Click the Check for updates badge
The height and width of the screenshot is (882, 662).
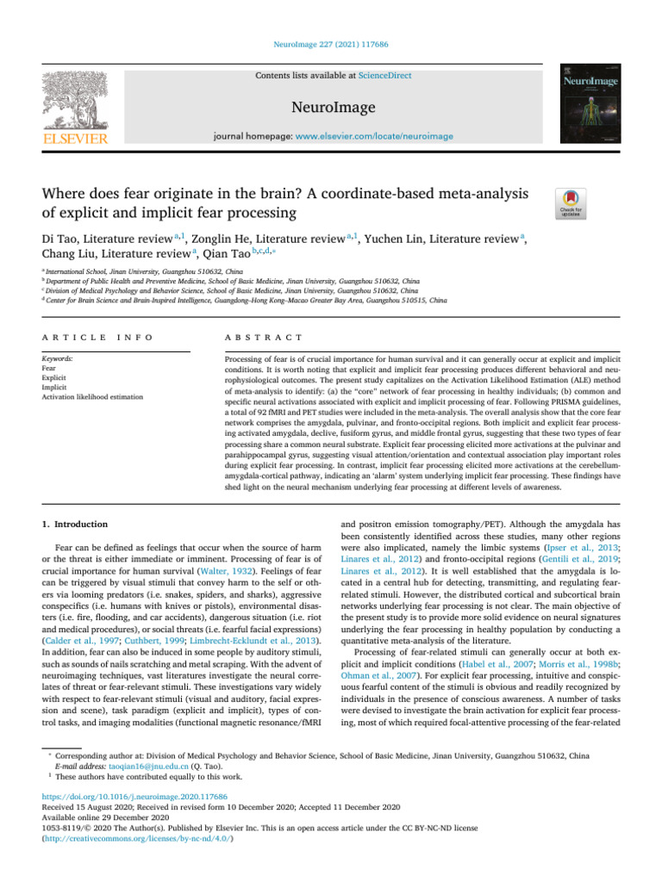pyautogui.click(x=572, y=204)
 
